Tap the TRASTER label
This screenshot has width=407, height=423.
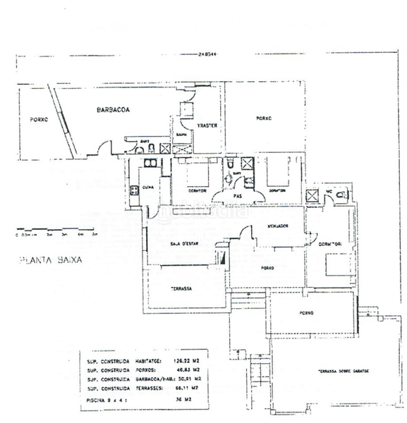(x=206, y=127)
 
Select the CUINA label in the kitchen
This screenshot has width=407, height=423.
(x=148, y=188)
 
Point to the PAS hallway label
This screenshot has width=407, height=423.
(x=238, y=196)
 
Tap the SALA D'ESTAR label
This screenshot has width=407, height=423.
(x=185, y=244)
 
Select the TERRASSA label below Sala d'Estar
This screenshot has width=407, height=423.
(x=182, y=289)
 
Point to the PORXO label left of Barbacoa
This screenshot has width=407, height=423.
(x=39, y=120)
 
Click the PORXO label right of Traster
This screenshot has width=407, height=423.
(x=265, y=118)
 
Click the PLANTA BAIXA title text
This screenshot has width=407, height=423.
(x=50, y=259)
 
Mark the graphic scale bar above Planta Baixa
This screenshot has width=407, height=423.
(x=56, y=229)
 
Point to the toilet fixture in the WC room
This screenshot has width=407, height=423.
(x=341, y=194)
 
